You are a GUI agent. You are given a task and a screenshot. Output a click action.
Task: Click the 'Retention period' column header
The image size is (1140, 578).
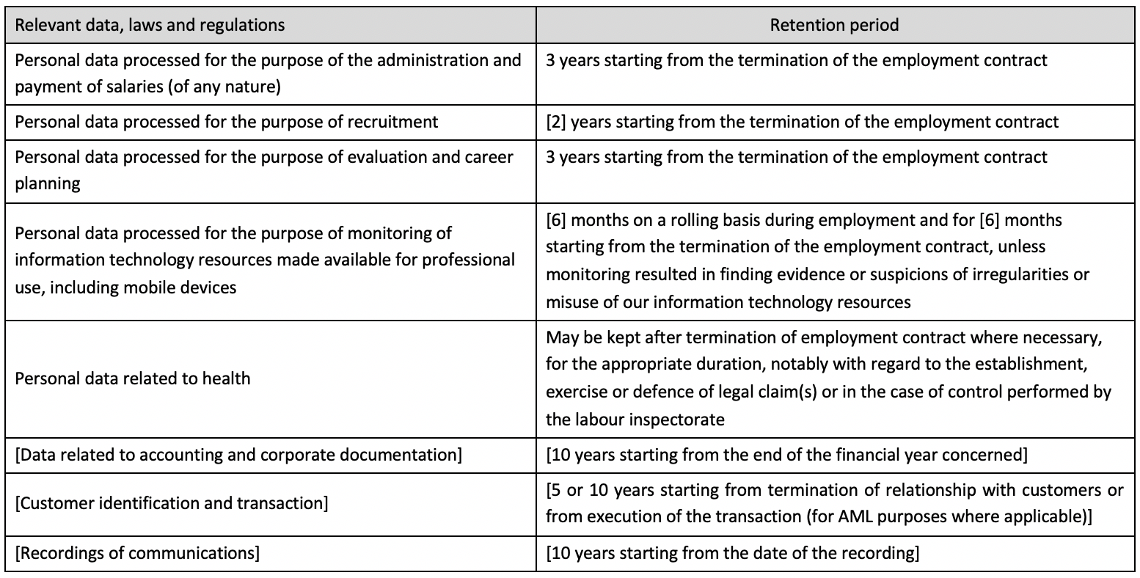point(834,25)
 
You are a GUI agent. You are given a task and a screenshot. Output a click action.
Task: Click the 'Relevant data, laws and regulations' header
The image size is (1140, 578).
point(150,25)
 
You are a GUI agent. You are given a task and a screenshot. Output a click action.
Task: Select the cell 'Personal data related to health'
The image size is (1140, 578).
point(133,378)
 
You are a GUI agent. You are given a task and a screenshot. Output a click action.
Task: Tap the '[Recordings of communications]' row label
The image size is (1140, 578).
point(137,552)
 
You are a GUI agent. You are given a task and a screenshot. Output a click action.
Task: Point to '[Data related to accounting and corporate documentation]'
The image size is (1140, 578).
point(238,455)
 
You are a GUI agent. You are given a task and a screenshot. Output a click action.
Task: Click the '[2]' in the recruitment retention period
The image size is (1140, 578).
point(555,121)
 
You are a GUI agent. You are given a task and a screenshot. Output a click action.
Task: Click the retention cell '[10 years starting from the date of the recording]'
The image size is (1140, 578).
point(732,552)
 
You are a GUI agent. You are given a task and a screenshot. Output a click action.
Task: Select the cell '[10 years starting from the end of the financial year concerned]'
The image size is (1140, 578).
point(785,455)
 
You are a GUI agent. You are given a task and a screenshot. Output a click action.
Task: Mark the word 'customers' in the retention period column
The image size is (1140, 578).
point(1065,490)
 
